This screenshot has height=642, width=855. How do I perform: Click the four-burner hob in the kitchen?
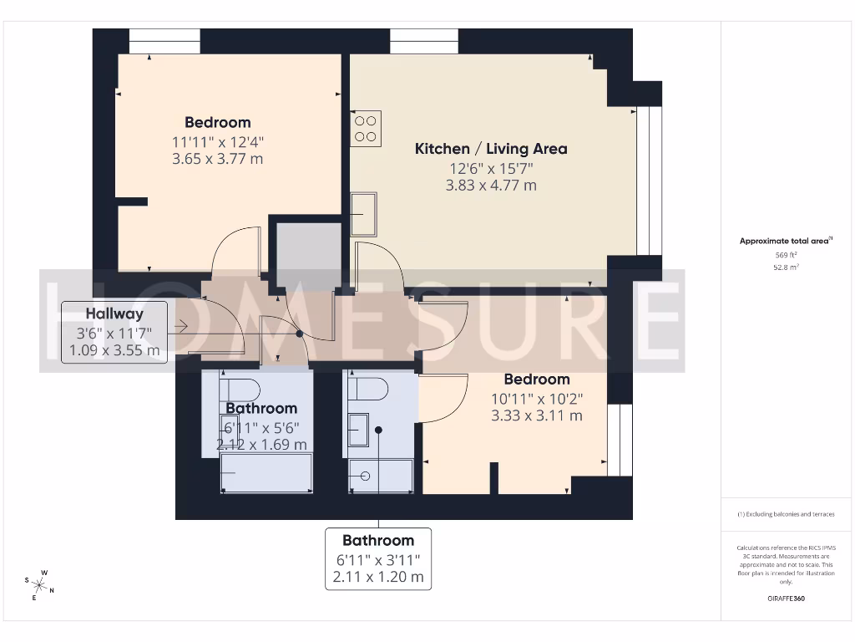click(366, 129)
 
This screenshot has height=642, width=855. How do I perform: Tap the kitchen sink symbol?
click(363, 214)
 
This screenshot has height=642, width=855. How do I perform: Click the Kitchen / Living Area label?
click(491, 149)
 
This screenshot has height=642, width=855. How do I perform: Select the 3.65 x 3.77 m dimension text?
click(217, 158)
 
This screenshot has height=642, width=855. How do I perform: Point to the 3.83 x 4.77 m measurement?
click(491, 186)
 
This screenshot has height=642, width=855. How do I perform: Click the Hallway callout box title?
click(114, 314)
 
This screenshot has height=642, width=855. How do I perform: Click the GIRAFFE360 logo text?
click(786, 599)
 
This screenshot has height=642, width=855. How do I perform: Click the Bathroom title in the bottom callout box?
click(378, 541)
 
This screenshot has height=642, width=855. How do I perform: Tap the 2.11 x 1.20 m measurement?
click(378, 577)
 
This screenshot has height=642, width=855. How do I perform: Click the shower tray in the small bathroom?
click(381, 476)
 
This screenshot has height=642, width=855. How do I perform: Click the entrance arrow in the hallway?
click(181, 328)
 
